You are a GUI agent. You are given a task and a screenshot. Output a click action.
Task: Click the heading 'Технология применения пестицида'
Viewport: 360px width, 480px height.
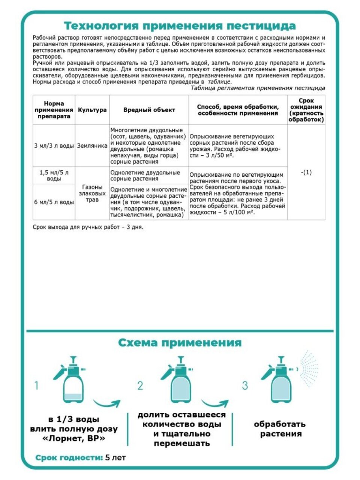180,25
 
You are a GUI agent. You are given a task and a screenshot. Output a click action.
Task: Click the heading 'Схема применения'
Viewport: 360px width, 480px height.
180,343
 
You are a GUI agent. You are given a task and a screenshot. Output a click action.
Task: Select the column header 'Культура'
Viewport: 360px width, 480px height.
92,110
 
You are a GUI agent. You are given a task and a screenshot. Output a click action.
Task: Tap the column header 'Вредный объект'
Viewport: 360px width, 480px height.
149,110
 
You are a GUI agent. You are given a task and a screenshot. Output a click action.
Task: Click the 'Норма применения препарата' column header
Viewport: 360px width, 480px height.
54,110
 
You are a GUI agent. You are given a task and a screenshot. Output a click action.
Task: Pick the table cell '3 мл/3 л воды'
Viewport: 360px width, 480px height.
54,146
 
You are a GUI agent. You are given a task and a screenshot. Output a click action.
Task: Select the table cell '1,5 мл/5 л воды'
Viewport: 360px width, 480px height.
54,175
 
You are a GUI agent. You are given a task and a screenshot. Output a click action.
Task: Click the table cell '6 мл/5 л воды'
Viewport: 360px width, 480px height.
54,202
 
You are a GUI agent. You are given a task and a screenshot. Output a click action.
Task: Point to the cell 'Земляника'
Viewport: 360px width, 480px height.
92,146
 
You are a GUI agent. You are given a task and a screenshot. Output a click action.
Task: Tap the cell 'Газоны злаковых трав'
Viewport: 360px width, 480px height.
92,193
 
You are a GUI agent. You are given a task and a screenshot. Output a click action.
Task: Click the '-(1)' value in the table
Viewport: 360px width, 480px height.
306,172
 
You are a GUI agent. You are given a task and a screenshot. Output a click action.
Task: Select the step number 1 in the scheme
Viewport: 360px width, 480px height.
36,385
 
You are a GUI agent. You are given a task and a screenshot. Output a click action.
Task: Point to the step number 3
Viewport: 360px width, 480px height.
245,385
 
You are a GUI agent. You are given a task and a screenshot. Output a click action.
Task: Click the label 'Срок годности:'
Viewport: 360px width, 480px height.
69,457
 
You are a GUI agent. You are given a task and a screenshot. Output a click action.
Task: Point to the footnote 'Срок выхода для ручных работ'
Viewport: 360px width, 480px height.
88,227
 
